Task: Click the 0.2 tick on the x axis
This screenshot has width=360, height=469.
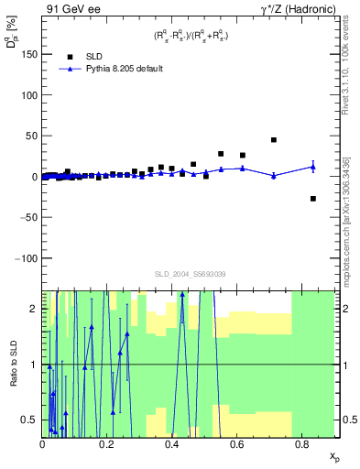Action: tap(107, 443)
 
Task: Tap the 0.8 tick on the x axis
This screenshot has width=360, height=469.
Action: tap(302, 443)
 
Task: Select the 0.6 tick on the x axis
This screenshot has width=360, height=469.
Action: tap(237, 443)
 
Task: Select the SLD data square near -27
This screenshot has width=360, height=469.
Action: tap(313, 199)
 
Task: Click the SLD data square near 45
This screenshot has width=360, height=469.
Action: tap(274, 140)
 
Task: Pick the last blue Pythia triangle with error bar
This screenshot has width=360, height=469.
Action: tap(313, 167)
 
